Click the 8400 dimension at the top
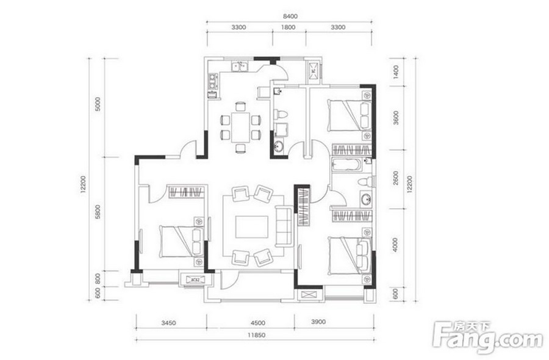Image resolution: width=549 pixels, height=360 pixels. pyautogui.click(x=290, y=16)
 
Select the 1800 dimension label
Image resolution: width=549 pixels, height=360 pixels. pyautogui.click(x=288, y=27)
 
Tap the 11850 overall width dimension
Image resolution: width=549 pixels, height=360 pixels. pyautogui.click(x=257, y=335)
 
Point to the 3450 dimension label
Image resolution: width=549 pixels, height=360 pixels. pyautogui.click(x=169, y=323)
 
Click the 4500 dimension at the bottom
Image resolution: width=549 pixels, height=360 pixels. pyautogui.click(x=258, y=323)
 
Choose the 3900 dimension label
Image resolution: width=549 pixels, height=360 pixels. pyautogui.click(x=318, y=322)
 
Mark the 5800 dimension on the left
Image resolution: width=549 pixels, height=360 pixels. pyautogui.click(x=98, y=212)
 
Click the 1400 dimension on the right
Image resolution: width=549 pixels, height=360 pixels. pyautogui.click(x=396, y=72)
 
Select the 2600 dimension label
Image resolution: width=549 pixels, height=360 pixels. pyautogui.click(x=396, y=178)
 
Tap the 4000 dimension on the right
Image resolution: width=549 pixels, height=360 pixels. pyautogui.click(x=396, y=245)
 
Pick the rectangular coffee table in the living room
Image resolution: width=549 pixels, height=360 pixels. pyautogui.click(x=252, y=227)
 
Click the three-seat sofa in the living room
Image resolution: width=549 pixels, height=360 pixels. pyautogui.click(x=284, y=226)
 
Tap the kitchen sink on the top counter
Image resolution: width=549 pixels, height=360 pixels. pyautogui.click(x=240, y=66)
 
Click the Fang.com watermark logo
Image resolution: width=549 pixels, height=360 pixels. pyautogui.click(x=488, y=337)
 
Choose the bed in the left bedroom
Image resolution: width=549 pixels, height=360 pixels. pyautogui.click(x=181, y=242)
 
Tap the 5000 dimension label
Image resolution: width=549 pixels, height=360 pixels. pyautogui.click(x=98, y=104)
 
